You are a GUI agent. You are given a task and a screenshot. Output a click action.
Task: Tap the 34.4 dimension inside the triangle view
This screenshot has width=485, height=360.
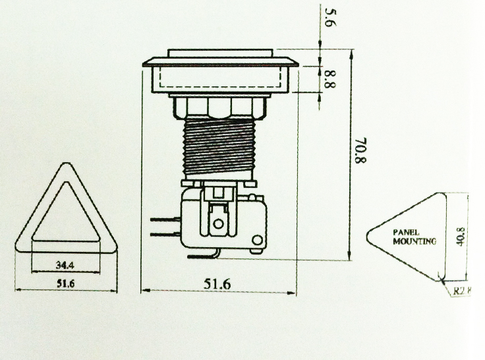pos(65,266)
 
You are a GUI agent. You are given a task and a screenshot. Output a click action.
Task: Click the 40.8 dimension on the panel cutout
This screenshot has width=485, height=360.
pos(461,235)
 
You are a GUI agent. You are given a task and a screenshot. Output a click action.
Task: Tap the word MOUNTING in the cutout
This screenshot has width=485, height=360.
pos(414,241)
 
